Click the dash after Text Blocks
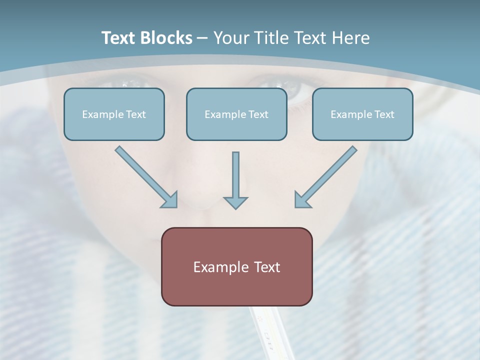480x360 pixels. coord(202,38)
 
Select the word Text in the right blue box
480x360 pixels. coord(384,114)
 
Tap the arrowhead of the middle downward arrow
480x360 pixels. coord(235,202)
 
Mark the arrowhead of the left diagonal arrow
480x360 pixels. coord(170,200)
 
